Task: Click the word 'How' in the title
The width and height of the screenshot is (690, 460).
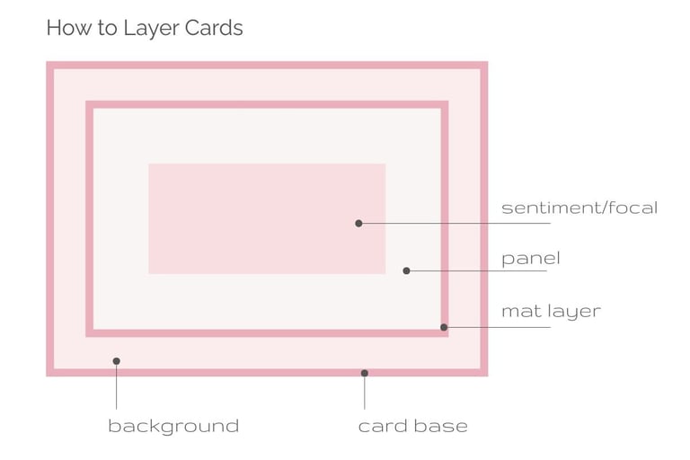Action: point(64,28)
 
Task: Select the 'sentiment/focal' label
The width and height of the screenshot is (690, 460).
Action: point(579,208)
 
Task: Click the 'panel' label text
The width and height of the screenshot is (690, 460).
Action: point(530,259)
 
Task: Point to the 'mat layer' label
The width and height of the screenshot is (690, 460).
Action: point(551,312)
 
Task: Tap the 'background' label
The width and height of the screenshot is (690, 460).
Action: point(173,426)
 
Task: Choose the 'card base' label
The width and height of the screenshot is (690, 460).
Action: point(412,426)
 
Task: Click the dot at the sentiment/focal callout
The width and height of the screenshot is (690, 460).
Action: point(358,223)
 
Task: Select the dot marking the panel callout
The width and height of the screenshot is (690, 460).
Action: point(406,270)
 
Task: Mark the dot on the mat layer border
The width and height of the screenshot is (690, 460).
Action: point(444,327)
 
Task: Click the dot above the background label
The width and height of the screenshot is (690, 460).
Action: point(116,361)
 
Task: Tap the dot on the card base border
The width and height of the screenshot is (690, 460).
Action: point(364,372)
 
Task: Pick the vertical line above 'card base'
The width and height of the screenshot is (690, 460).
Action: point(364,394)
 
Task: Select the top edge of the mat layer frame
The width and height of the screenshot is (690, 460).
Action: point(266,105)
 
